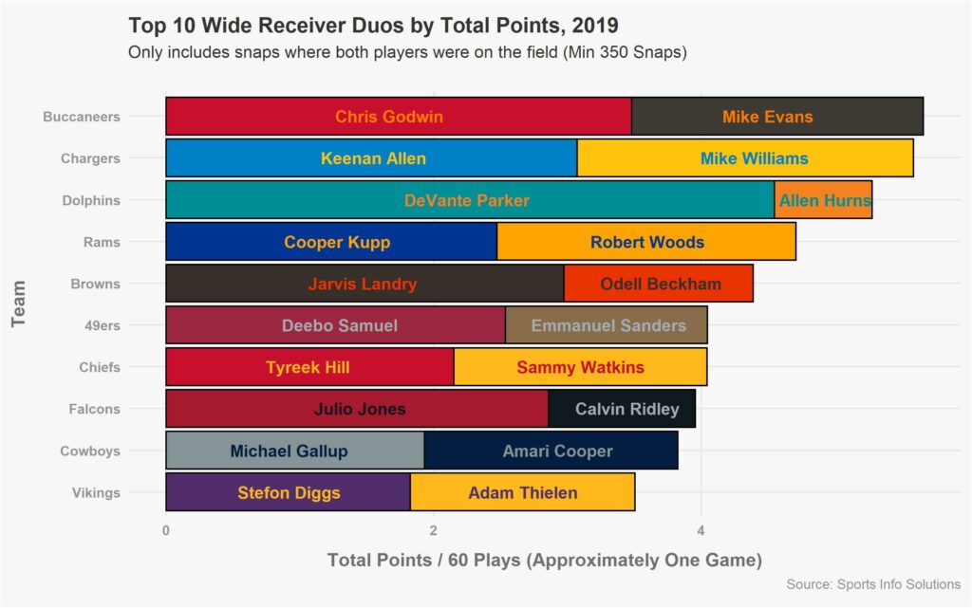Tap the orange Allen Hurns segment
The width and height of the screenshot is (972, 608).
click(x=823, y=200)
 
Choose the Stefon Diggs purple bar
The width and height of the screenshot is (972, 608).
click(x=289, y=492)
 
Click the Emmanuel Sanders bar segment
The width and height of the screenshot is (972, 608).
click(x=607, y=325)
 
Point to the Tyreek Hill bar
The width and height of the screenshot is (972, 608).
click(x=309, y=367)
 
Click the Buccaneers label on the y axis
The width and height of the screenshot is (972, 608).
click(x=82, y=117)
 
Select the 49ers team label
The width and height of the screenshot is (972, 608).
click(x=102, y=325)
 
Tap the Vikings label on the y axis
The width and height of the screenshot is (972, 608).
click(x=96, y=492)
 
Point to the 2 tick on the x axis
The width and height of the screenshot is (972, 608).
click(x=434, y=529)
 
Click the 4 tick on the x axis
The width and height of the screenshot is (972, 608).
click(x=701, y=529)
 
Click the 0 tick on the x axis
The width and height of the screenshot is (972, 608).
click(x=166, y=529)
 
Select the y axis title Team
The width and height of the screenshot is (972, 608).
click(x=19, y=304)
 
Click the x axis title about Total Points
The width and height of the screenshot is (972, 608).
click(x=544, y=560)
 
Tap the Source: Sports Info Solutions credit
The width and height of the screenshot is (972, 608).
click(x=872, y=584)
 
